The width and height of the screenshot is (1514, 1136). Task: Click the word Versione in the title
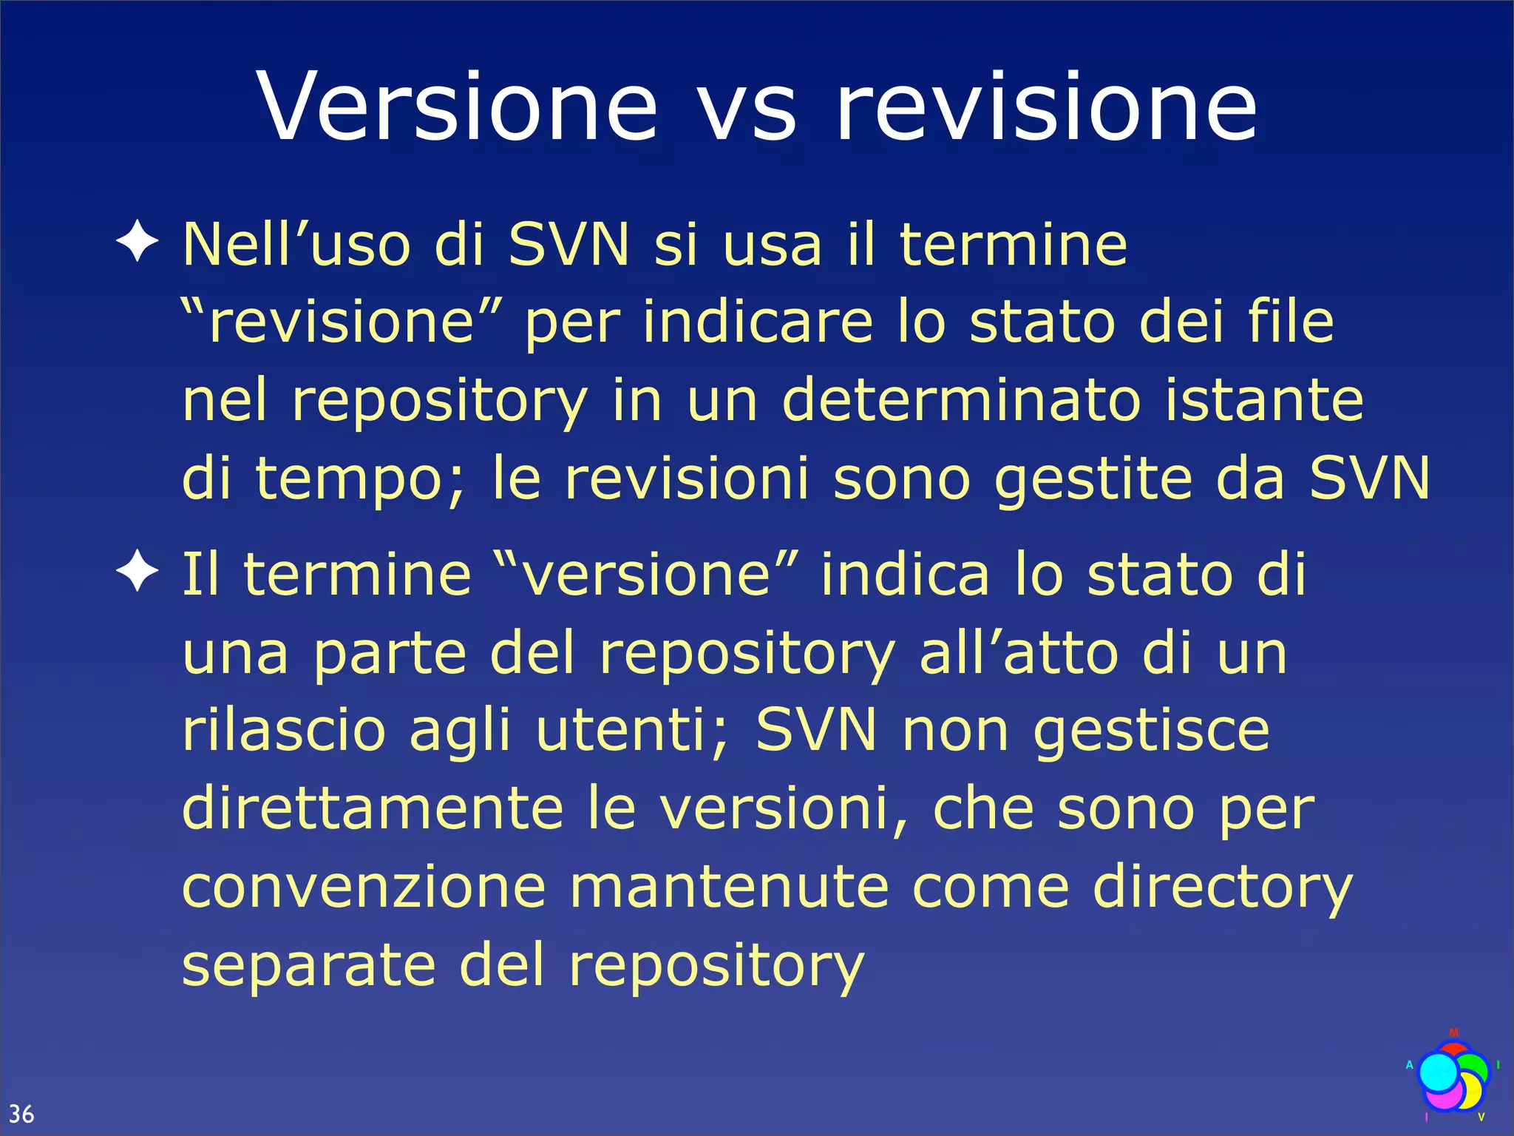tap(457, 107)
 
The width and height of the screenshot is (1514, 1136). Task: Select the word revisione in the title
tap(1045, 107)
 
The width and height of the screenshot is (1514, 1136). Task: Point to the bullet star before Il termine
tap(138, 572)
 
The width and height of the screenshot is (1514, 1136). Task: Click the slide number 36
tap(21, 1113)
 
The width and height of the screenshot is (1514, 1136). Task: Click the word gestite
tap(1093, 479)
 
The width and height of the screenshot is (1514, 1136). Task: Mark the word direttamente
tap(373, 808)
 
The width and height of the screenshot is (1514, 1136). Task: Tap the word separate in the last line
tap(309, 966)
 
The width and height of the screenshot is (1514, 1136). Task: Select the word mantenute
tap(729, 887)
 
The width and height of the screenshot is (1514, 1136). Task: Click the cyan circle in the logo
tap(1438, 1073)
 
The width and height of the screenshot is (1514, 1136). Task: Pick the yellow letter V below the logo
tap(1481, 1117)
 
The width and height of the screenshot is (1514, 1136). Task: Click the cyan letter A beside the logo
tap(1409, 1065)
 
